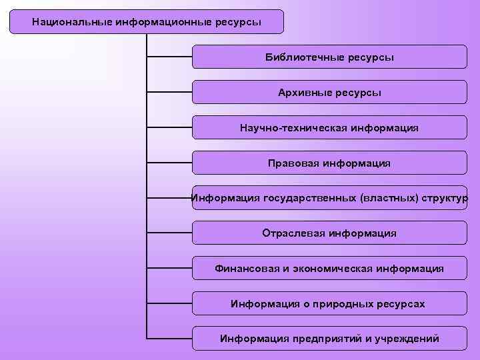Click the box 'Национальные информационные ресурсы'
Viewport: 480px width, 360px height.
147,22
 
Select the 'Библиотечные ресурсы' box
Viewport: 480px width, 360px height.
329,57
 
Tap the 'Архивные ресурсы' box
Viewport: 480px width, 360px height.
329,92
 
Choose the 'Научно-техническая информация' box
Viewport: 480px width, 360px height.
329,127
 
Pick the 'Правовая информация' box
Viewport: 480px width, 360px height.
329,163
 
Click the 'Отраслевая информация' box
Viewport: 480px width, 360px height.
329,233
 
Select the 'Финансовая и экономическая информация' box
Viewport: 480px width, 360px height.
329,269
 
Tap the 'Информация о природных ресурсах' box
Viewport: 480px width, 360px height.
329,304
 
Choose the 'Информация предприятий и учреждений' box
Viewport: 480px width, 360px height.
329,339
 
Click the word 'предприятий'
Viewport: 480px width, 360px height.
323,339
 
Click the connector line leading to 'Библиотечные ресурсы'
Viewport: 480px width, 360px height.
169,57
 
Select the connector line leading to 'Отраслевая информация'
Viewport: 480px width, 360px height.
169,233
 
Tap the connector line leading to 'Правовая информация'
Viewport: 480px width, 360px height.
169,163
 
